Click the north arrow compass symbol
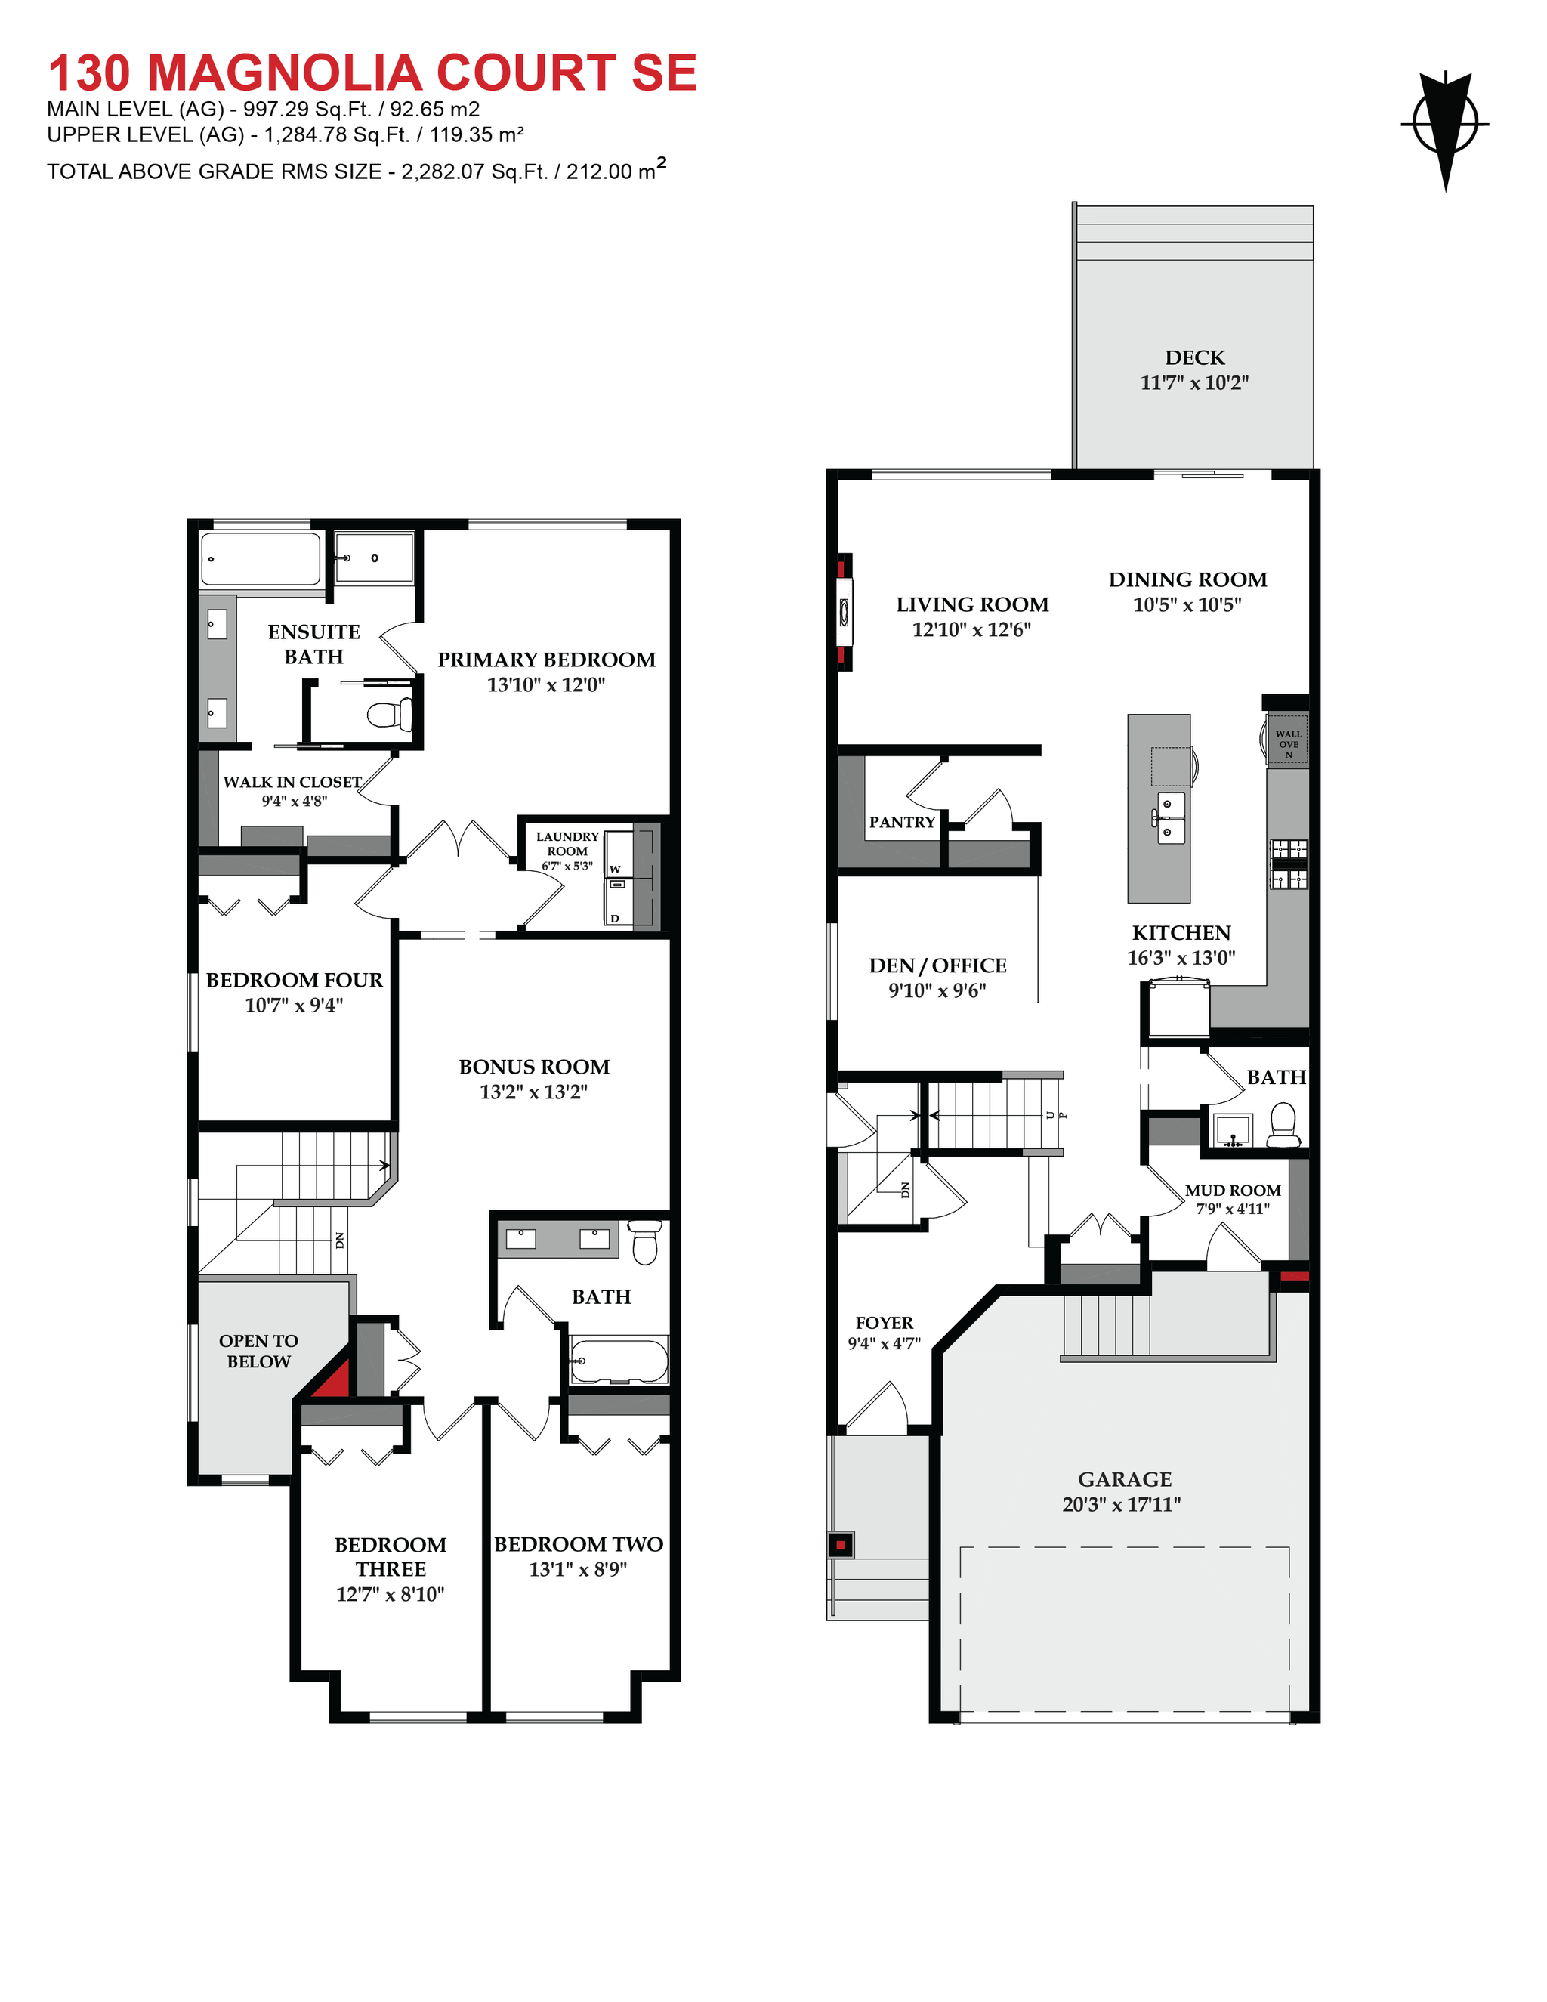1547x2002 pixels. coord(1445,126)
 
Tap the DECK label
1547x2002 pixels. coord(1194,357)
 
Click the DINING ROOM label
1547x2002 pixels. coord(1187,579)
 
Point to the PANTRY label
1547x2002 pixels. coord(902,822)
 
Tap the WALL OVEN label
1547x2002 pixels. coord(1288,743)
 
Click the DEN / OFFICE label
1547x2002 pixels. coord(937,965)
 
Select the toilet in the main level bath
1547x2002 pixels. coord(1283,1126)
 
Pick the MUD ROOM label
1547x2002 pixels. coord(1233,1190)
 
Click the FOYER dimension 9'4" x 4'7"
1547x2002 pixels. coord(884,1344)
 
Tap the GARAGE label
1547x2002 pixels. coord(1125,1479)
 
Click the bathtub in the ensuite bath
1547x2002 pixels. coord(261,559)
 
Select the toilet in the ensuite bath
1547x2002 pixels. coord(391,713)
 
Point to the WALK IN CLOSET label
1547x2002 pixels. coord(292,782)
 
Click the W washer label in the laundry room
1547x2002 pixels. coord(615,869)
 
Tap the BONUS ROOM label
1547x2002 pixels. coord(534,1067)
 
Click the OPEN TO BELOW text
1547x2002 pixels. coord(258,1352)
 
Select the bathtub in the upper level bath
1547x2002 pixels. coord(619,1361)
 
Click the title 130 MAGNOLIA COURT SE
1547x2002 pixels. coord(372,73)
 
